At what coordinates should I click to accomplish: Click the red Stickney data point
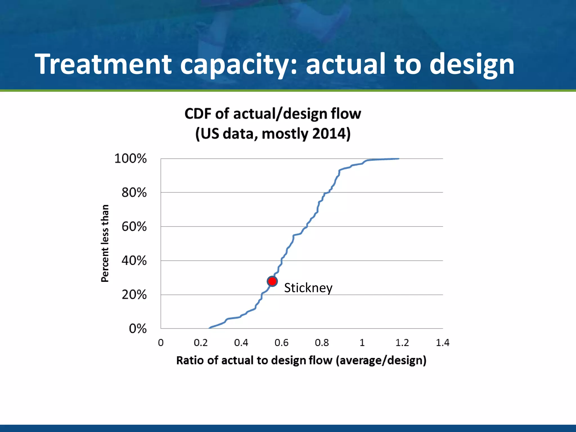pyautogui.click(x=272, y=281)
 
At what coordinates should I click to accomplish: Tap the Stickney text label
pyautogui.click(x=308, y=288)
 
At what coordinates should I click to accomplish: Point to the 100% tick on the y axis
pyautogui.click(x=130, y=158)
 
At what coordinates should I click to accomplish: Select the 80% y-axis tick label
pyautogui.click(x=134, y=193)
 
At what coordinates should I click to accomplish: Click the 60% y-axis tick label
pyautogui.click(x=134, y=226)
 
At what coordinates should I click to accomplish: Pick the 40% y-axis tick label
pyautogui.click(x=134, y=260)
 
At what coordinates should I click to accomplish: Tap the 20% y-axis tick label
pyautogui.click(x=134, y=294)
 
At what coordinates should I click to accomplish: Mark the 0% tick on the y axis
pyautogui.click(x=138, y=328)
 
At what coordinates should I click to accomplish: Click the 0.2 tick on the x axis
pyautogui.click(x=201, y=343)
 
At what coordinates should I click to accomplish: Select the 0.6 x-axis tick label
pyautogui.click(x=282, y=343)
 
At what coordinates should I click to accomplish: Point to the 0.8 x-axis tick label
pyautogui.click(x=322, y=343)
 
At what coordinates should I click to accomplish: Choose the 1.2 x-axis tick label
pyautogui.click(x=402, y=343)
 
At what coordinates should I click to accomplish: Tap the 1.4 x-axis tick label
pyautogui.click(x=442, y=343)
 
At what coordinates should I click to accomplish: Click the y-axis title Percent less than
pyautogui.click(x=105, y=243)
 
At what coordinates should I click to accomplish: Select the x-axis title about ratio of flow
pyautogui.click(x=301, y=360)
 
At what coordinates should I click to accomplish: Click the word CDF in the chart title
pyautogui.click(x=198, y=114)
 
